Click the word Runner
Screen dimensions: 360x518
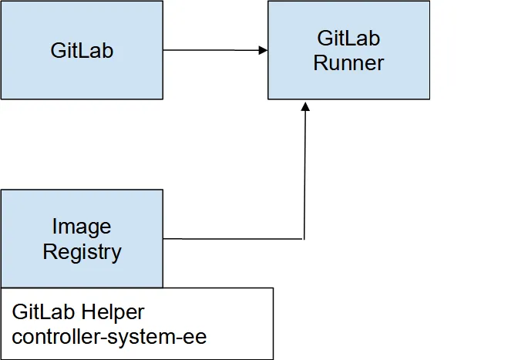(348, 62)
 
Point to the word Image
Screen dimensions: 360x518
(82, 227)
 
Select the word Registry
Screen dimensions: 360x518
(82, 251)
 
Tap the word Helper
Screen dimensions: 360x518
(114, 312)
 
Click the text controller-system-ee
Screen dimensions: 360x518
(109, 336)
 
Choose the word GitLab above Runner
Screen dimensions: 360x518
(348, 38)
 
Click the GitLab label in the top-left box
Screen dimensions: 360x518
(82, 51)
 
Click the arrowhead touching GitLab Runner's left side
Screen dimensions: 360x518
(263, 51)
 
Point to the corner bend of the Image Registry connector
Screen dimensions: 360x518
(304, 239)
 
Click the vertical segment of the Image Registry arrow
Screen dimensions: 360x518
(305, 173)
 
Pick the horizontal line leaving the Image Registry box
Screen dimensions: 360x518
(231, 239)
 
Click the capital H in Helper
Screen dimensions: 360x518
(91, 312)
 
